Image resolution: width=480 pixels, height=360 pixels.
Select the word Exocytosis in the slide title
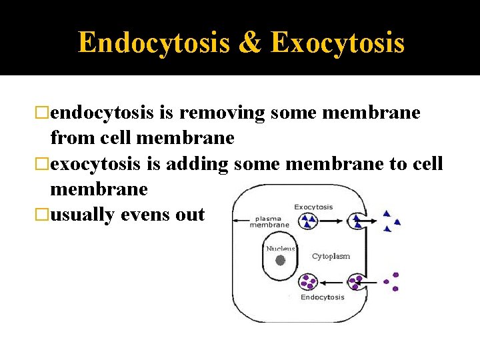click(x=338, y=43)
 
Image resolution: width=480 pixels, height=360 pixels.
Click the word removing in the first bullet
click(x=222, y=113)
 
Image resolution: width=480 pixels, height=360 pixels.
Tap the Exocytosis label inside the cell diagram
click(x=313, y=207)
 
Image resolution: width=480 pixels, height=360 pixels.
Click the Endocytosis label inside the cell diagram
click(x=322, y=297)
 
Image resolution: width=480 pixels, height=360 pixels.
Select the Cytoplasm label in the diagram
click(x=331, y=256)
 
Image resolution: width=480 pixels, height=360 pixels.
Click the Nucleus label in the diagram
click(x=281, y=249)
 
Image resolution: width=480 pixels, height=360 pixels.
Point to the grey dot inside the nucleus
click(x=280, y=261)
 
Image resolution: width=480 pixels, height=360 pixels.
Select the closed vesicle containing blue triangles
click(x=309, y=220)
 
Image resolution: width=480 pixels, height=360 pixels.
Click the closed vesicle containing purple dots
click(x=309, y=282)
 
